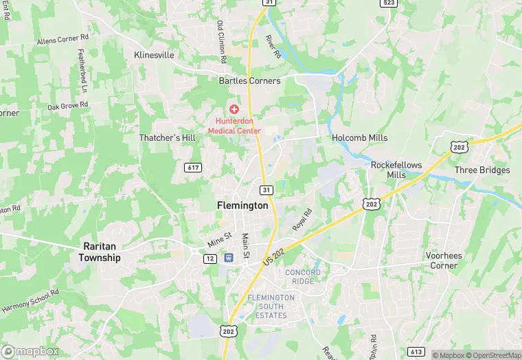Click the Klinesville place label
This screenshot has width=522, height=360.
coord(155,54)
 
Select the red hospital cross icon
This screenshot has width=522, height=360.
coord(234,109)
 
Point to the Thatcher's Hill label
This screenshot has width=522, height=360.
coord(168,137)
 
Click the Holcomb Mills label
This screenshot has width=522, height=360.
coord(359,137)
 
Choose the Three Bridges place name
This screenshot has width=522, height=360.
coord(482,170)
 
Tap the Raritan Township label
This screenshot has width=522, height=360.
coord(101,251)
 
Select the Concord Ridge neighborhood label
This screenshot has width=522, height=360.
coord(303,277)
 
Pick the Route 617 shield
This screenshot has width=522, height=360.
coord(193,166)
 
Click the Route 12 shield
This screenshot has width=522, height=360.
coord(210,258)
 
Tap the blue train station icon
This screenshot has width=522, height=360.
coord(229,258)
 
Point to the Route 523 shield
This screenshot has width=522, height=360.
coord(389,3)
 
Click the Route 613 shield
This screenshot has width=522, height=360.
coord(416,352)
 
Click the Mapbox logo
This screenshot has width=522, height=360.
coord(31,351)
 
